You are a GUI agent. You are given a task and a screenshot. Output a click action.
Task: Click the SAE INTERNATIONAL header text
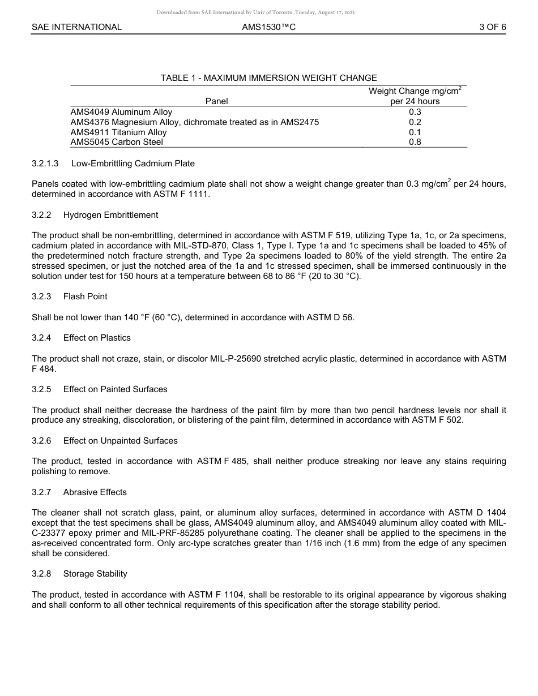point(76,27)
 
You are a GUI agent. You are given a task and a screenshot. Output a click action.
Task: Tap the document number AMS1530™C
point(268,27)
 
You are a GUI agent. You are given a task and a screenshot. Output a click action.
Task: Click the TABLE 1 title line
point(268,78)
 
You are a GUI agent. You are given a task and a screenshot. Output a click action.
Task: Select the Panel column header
point(217,101)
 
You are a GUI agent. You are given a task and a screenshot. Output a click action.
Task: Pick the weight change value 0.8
point(415,143)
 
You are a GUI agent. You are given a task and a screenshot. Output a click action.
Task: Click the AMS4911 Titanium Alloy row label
point(118,132)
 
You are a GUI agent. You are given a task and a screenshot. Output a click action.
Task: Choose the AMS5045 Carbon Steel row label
point(117,143)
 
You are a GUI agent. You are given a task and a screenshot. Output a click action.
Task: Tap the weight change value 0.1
point(415,132)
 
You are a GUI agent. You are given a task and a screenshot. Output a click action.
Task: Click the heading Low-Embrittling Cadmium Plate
point(133,164)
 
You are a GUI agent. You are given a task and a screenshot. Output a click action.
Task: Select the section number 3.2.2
point(41,215)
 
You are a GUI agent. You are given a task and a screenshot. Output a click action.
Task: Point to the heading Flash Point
point(85,297)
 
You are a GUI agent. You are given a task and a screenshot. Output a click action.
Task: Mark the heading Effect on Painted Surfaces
point(115,389)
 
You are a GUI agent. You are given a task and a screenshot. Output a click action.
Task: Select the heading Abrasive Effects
point(95,492)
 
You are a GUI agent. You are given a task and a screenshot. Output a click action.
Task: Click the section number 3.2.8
point(41,574)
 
